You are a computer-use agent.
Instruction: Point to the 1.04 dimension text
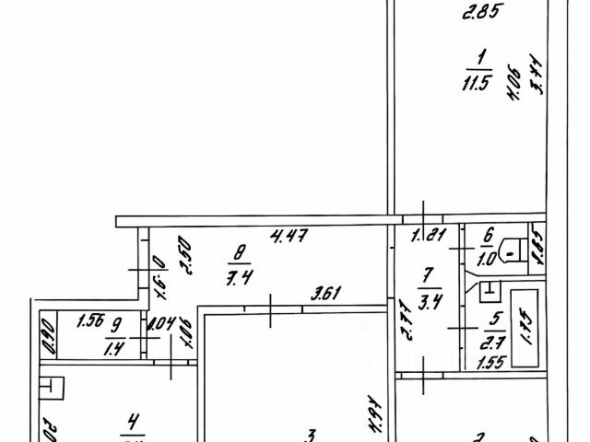pos(160,323)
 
